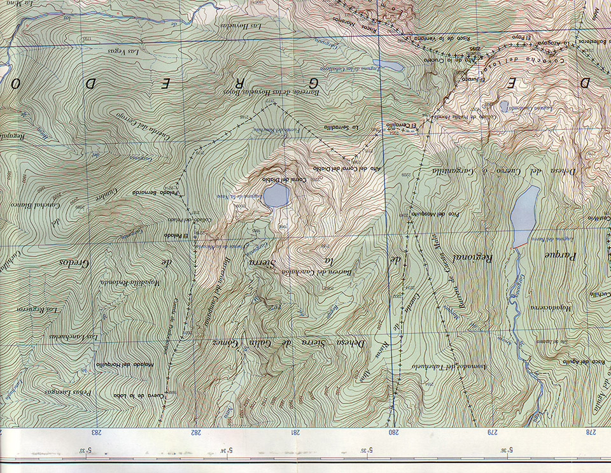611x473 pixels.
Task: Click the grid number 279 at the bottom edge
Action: (x=492, y=432)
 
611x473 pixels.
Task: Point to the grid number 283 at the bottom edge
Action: (x=97, y=432)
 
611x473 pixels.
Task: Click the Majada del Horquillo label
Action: (x=122, y=364)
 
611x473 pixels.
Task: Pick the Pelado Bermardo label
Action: (x=153, y=192)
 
